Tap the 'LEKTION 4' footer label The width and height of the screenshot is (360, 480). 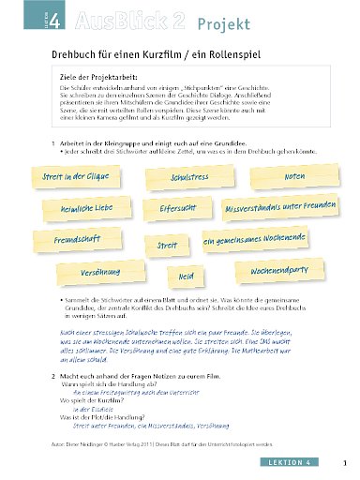(x=305, y=462)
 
